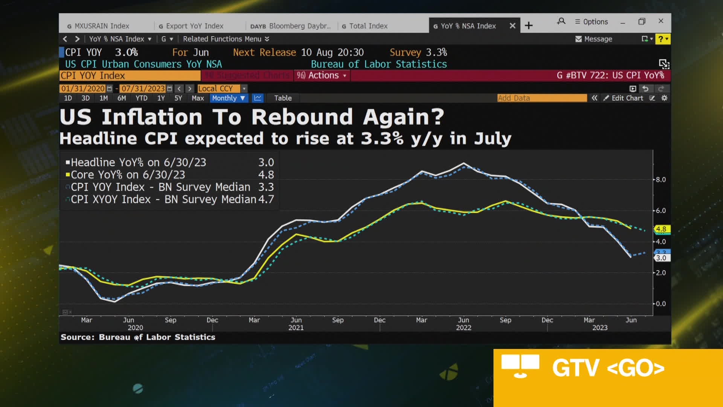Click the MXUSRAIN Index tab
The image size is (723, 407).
pyautogui.click(x=102, y=26)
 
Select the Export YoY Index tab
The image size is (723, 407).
pyautogui.click(x=194, y=26)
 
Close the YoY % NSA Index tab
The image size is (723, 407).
pyautogui.click(x=513, y=26)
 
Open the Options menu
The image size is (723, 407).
pyautogui.click(x=592, y=22)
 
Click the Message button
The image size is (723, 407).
pyautogui.click(x=594, y=39)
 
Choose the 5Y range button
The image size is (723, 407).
pyautogui.click(x=178, y=98)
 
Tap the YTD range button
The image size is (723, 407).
pyautogui.click(x=141, y=98)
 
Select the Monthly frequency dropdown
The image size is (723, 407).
pyautogui.click(x=228, y=98)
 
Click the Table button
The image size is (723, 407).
pyautogui.click(x=283, y=98)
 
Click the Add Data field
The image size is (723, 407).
pyautogui.click(x=541, y=98)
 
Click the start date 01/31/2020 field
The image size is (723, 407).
pyautogui.click(x=83, y=89)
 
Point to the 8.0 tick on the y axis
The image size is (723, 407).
pyautogui.click(x=660, y=180)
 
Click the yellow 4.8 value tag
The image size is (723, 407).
pyautogui.click(x=661, y=229)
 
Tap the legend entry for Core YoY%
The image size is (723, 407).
pyautogui.click(x=128, y=175)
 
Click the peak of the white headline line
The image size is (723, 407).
pyautogui.click(x=464, y=163)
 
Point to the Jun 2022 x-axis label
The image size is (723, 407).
pyautogui.click(x=464, y=323)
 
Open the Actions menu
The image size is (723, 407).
pyautogui.click(x=322, y=75)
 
